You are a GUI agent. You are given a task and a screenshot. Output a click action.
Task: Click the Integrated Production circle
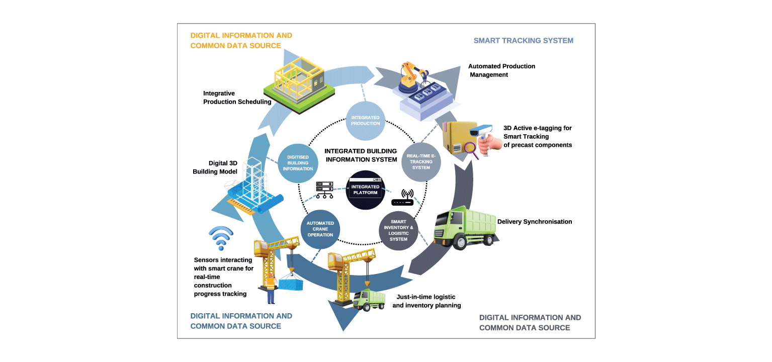point(366,121)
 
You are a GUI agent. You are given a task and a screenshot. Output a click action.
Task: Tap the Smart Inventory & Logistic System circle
point(398,231)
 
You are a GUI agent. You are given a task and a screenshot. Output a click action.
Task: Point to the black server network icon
point(324,190)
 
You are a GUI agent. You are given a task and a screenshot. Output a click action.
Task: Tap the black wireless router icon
point(402,198)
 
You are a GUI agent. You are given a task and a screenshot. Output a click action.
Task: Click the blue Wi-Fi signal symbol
point(221,238)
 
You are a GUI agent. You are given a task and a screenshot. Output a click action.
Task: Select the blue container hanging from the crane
point(291,284)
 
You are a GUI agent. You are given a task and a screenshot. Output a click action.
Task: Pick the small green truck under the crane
point(369,300)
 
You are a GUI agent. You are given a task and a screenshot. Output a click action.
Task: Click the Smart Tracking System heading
point(523,40)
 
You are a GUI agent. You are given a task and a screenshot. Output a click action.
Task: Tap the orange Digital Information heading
point(241,41)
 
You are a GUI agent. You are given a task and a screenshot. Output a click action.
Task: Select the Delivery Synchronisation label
point(534,222)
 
